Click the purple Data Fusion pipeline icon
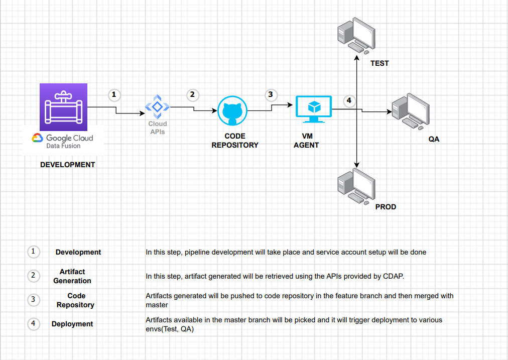click(63, 107)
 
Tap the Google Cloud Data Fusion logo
click(63, 141)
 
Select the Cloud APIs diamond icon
click(157, 106)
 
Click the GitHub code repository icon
click(233, 110)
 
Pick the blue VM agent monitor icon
click(314, 108)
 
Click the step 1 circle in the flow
click(114, 94)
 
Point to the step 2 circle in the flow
click(192, 94)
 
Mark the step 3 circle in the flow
click(271, 94)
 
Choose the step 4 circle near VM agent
click(349, 101)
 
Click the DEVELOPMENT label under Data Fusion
click(67, 165)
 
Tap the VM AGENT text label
click(306, 141)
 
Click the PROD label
click(386, 207)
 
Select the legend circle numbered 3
click(33, 300)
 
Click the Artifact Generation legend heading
click(72, 276)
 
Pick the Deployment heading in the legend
click(72, 324)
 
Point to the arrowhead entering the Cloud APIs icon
click(142, 113)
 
